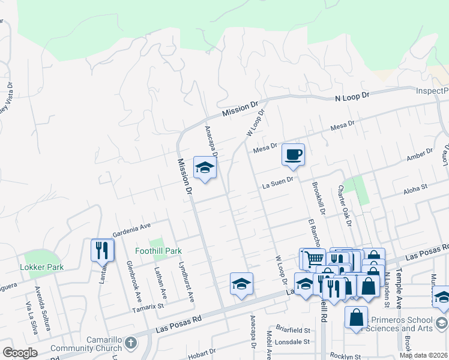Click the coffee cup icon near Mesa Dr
(293, 155)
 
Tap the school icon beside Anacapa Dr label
(204, 168)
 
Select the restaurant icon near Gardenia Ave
(101, 250)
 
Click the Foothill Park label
(158, 251)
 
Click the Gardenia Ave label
(132, 228)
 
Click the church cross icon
(131, 343)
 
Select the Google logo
(20, 353)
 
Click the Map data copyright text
(423, 355)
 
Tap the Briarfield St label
(289, 330)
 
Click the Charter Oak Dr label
(344, 205)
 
